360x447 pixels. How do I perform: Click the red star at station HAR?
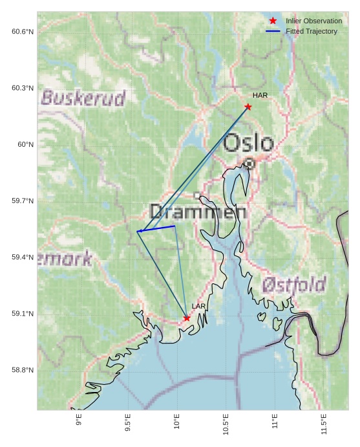[x=248, y=107]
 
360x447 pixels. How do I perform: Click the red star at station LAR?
[x=187, y=318]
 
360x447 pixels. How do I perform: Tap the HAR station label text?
[x=260, y=96]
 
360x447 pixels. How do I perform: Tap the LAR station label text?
[x=198, y=306]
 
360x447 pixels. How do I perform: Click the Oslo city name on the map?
[x=248, y=143]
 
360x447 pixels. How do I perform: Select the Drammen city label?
[x=198, y=212]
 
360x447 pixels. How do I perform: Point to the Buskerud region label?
[x=83, y=98]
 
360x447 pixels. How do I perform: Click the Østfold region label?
[x=294, y=284]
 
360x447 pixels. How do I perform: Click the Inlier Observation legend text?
[x=313, y=21]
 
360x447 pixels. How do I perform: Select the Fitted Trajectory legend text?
[x=311, y=32]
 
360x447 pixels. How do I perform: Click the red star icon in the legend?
[x=273, y=21]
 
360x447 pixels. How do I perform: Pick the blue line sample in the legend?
[x=273, y=32]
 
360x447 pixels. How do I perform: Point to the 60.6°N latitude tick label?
[x=23, y=32]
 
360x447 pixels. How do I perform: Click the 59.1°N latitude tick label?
[x=23, y=314]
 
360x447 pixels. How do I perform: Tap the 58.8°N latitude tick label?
[x=23, y=370]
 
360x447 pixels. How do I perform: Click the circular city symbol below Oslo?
[x=249, y=164]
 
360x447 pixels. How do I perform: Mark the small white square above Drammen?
[x=197, y=195]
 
